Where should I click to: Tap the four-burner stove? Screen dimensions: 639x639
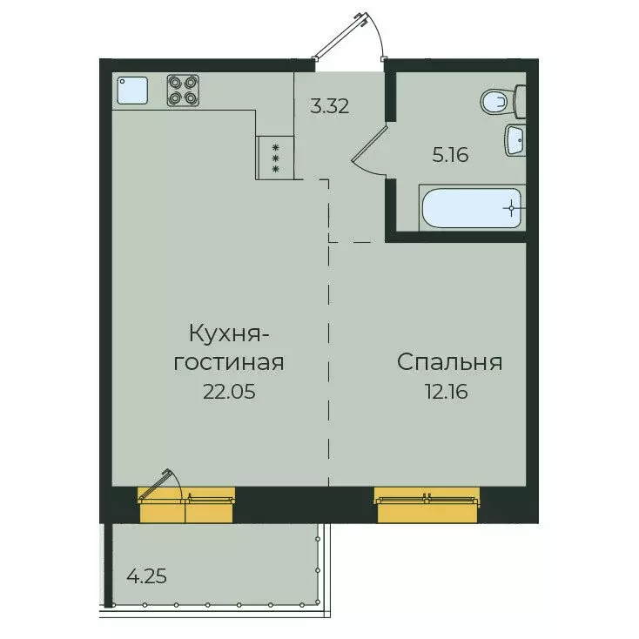pos(181,91)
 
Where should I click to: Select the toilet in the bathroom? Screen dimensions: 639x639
pos(497,103)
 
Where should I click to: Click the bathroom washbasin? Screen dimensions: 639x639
pos(515,140)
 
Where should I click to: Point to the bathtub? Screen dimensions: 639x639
pos(470,208)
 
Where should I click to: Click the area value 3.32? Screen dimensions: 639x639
pos(330,107)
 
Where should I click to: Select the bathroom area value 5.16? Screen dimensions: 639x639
pos(451,156)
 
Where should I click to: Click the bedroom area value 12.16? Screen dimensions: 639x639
pos(449,392)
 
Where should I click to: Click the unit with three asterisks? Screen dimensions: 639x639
pos(275,158)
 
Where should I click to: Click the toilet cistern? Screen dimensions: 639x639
pos(520,102)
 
